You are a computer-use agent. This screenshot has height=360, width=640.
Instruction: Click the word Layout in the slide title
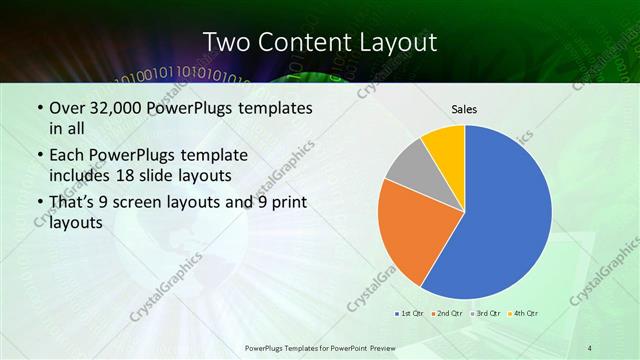click(x=394, y=42)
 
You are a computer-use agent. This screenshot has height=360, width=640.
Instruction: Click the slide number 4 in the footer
click(x=590, y=347)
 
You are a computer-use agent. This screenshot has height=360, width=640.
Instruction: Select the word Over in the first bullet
click(x=67, y=107)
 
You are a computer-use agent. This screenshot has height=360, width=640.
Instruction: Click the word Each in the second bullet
click(x=67, y=156)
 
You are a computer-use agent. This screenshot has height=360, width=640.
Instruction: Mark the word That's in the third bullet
click(x=73, y=203)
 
